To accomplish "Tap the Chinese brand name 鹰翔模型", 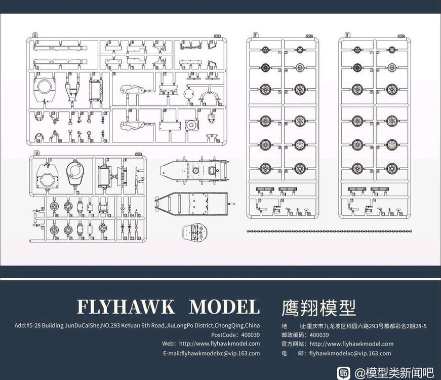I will [x=318, y=307].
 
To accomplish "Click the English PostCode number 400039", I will [x=250, y=334].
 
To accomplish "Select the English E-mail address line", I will [x=211, y=353].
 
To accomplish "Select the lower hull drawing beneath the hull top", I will [x=195, y=205].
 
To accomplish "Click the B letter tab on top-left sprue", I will [x=35, y=35].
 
